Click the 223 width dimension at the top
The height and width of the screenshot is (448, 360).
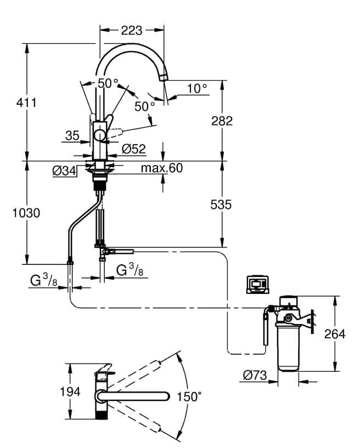click(132, 30)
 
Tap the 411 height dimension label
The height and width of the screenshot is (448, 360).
click(26, 103)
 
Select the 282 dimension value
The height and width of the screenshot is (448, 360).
click(222, 121)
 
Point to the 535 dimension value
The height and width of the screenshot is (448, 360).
click(221, 205)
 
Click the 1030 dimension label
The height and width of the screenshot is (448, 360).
click(26, 213)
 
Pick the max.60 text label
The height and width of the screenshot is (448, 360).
click(162, 168)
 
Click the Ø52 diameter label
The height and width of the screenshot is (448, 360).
click(134, 149)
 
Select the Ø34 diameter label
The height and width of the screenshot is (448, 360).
click(64, 171)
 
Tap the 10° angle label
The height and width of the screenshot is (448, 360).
click(198, 89)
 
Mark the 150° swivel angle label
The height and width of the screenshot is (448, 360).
click(189, 396)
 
